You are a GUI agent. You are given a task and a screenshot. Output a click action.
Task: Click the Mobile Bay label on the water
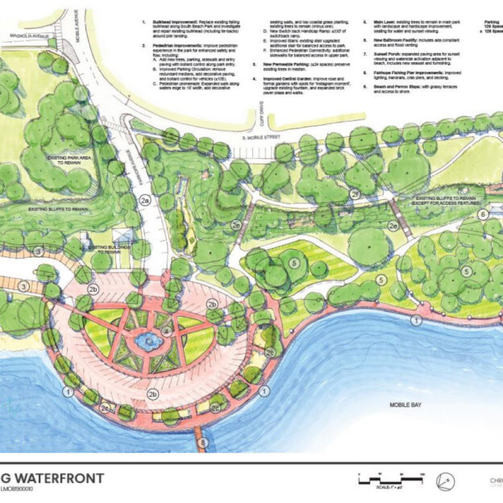406,405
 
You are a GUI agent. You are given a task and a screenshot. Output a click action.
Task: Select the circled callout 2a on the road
144,200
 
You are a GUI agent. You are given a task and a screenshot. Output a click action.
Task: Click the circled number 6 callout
483,214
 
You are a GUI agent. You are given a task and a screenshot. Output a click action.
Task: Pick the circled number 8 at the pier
203,444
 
